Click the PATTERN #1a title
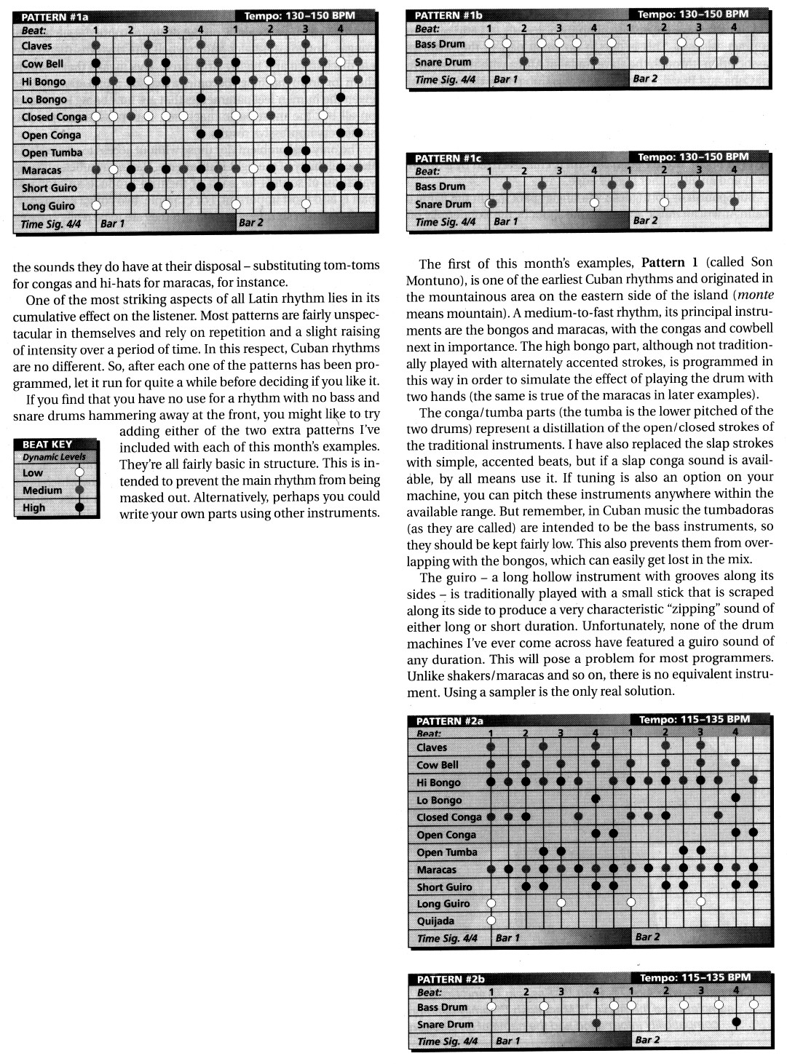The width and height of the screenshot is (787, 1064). pos(55,15)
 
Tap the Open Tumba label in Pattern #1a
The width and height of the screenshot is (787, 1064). pos(52,153)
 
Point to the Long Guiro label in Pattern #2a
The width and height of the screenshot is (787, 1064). pos(443,904)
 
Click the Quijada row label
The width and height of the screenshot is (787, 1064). pos(435,921)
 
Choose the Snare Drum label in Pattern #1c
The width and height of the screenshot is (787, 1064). pos(443,205)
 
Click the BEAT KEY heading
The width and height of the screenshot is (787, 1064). pos(47,444)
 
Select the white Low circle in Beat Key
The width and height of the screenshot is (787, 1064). pos(79,473)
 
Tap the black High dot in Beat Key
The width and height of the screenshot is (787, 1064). pos(79,507)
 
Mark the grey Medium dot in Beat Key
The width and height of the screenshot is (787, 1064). pos(79,490)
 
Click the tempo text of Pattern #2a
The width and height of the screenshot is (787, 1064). pos(694,720)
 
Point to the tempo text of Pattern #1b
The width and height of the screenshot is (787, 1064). pos(692,14)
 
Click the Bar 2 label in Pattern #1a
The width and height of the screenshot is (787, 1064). pos(251,223)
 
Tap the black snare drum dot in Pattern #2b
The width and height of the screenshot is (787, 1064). pos(736,1023)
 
